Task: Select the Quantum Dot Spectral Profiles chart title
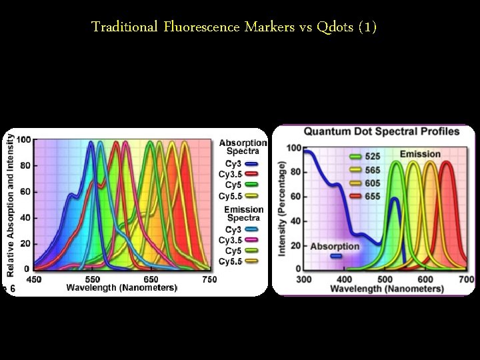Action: coord(382,132)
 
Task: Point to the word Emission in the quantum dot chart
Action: coord(420,155)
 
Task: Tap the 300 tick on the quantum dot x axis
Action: coord(304,279)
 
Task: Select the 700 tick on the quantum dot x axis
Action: coord(467,279)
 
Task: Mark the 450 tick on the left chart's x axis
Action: coord(33,279)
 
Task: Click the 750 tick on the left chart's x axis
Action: coord(209,279)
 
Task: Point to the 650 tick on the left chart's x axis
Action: coord(151,279)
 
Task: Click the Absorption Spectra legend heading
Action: coord(243,147)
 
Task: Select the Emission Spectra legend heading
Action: coord(243,213)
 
